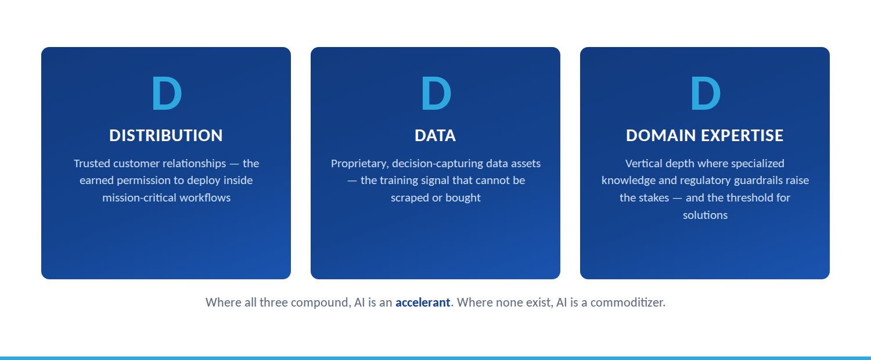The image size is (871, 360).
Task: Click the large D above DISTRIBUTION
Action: coord(167,93)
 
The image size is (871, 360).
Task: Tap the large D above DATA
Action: coord(436,93)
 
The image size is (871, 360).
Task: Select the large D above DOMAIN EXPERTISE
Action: coord(706,93)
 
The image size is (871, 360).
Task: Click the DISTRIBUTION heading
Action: coord(166,136)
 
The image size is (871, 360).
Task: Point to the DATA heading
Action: coord(435,136)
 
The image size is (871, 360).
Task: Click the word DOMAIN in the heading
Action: coord(661,136)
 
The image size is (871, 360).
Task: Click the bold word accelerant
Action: coord(423,303)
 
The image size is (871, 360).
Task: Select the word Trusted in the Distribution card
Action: coord(92,163)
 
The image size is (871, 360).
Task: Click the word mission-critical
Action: coord(139,198)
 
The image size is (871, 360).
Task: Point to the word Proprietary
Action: coord(359,164)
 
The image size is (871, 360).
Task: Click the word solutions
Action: coord(705,215)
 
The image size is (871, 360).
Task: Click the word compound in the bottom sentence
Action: coord(321,303)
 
